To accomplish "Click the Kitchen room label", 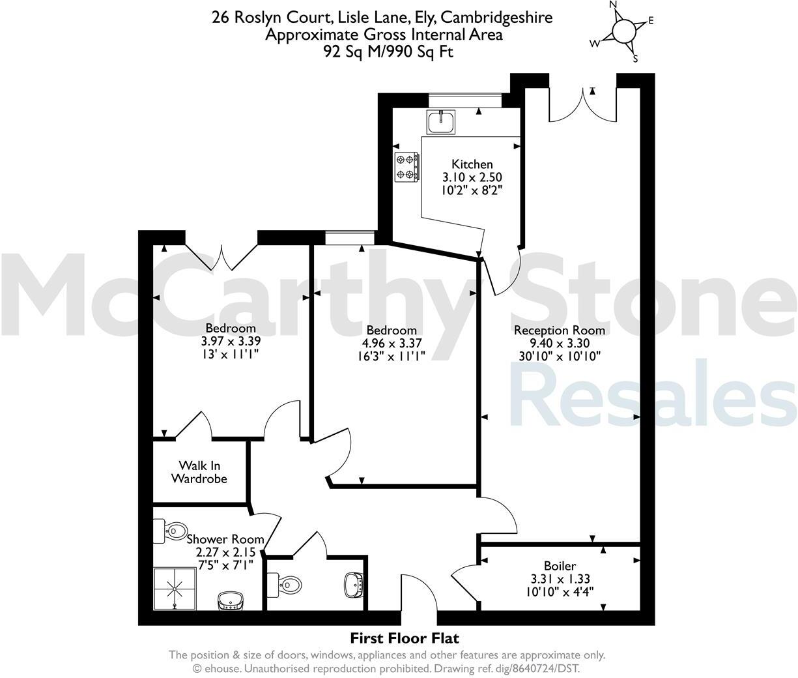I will [x=472, y=164].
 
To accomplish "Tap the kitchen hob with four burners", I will [x=406, y=166].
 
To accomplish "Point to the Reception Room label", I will [x=559, y=330].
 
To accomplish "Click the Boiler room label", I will [x=560, y=566].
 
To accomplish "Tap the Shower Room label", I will [x=225, y=539].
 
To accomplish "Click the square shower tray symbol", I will [x=175, y=589].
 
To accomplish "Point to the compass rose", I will [x=623, y=31].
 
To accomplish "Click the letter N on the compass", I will [x=612, y=5].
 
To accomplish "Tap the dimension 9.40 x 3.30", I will [x=559, y=343].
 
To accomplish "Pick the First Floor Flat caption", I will [x=405, y=638].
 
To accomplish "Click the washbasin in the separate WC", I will [x=354, y=583].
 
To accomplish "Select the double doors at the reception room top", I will [x=582, y=104].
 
